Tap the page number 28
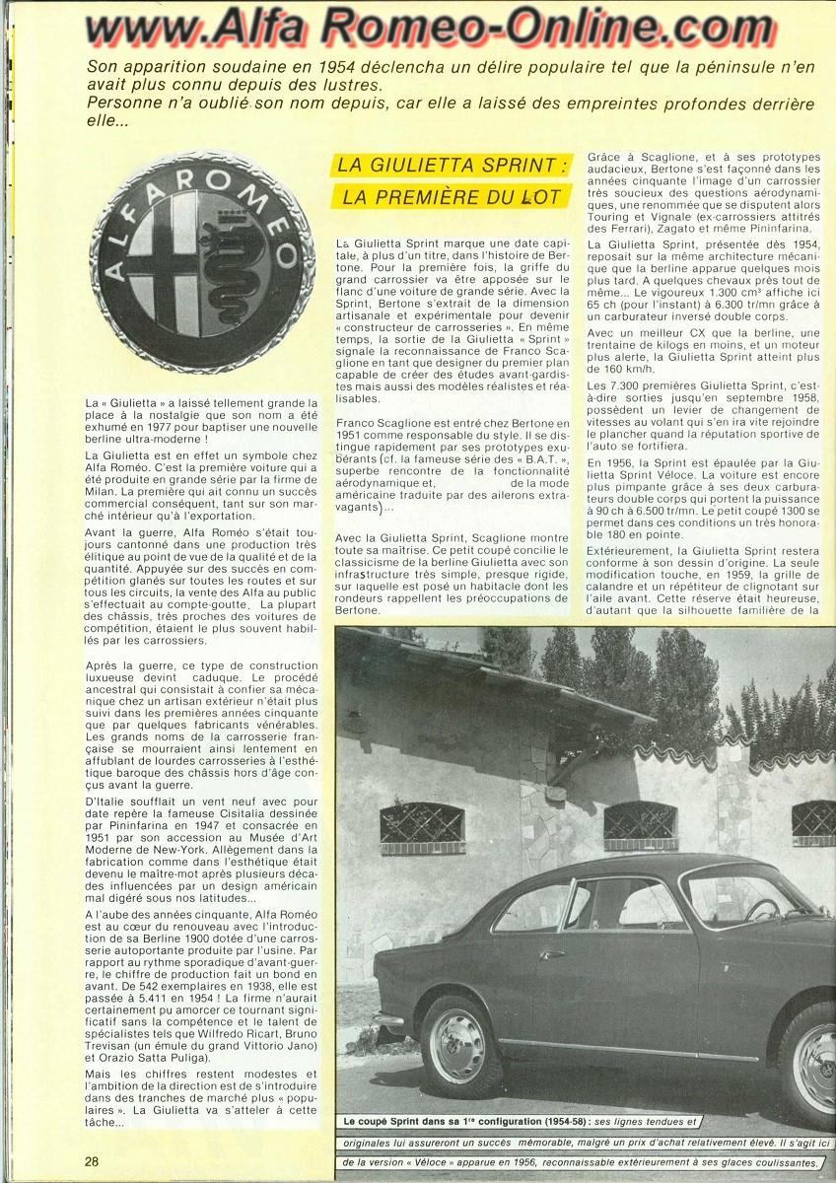point(92,1160)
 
